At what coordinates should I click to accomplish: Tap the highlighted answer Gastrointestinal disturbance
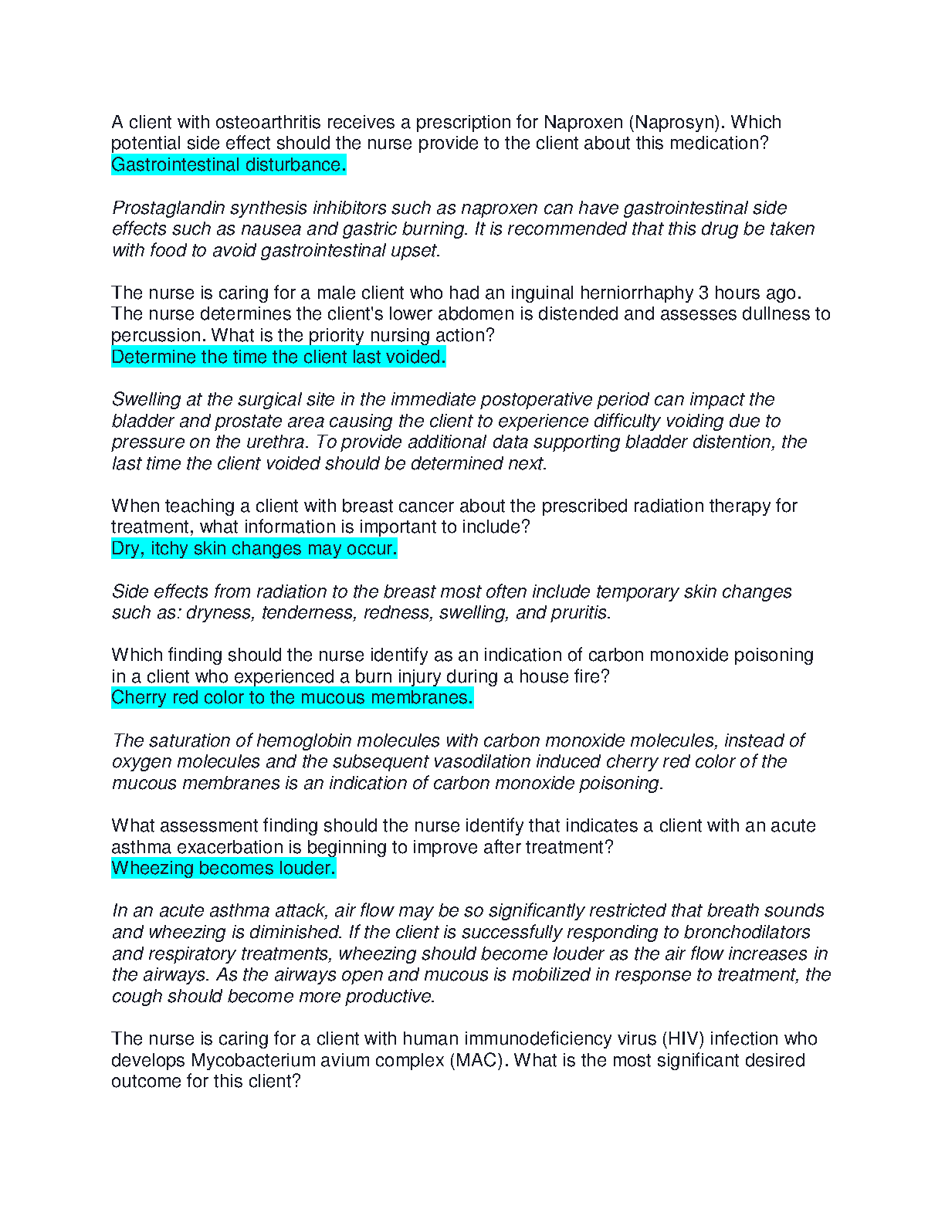coord(229,164)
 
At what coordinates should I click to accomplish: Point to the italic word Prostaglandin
coord(169,208)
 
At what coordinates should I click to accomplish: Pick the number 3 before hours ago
coord(703,293)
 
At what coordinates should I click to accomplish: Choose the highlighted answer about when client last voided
coord(279,357)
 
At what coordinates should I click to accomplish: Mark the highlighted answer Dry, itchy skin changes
coord(254,548)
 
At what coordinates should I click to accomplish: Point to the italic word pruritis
coord(580,612)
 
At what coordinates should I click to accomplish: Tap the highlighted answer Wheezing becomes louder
coord(223,868)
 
